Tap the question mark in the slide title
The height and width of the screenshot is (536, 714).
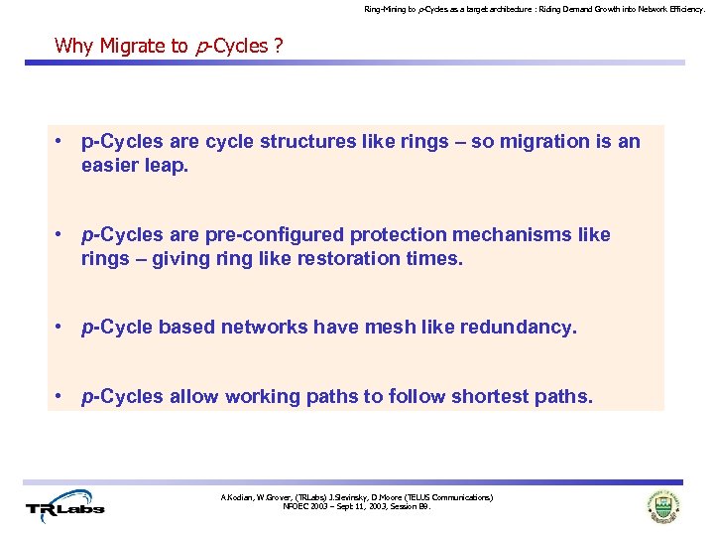point(279,46)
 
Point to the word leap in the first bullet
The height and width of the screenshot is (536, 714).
point(164,165)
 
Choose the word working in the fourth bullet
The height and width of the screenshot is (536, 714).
point(266,397)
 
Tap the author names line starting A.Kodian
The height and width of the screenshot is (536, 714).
point(357,496)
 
